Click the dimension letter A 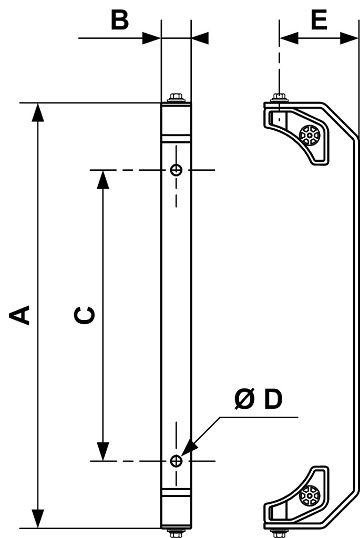pyautogui.click(x=19, y=315)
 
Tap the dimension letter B pyautogui.click(x=120, y=20)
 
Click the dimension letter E pyautogui.click(x=319, y=20)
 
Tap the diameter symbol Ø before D pyautogui.click(x=245, y=399)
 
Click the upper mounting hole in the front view pyautogui.click(x=177, y=170)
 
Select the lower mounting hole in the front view pyautogui.click(x=177, y=460)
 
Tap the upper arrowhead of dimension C pyautogui.click(x=102, y=180)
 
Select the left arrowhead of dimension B pyautogui.click(x=152, y=38)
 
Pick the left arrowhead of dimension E pyautogui.click(x=289, y=38)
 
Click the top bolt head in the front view pyautogui.click(x=176, y=97)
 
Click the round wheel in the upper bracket pyautogui.click(x=310, y=135)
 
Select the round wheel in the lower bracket pyautogui.click(x=310, y=495)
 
